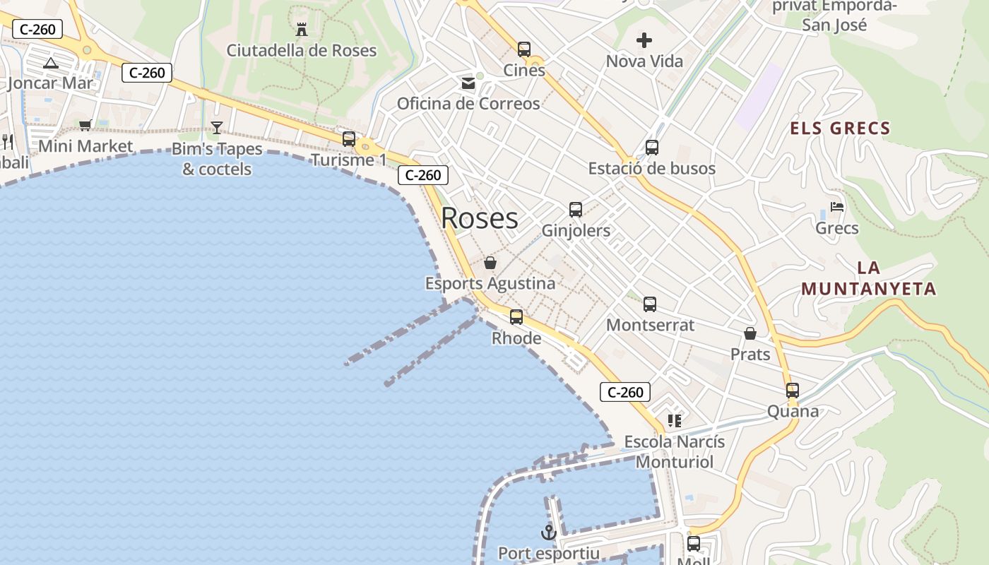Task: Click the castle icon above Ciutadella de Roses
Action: click(302, 30)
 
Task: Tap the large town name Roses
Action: click(480, 218)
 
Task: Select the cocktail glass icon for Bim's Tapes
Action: click(217, 128)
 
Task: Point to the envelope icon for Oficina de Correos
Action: click(468, 83)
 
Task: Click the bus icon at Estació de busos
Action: click(651, 148)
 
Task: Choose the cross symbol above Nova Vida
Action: click(644, 40)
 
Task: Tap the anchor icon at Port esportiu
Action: click(549, 533)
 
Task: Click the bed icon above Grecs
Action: click(837, 207)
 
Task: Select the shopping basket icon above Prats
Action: click(750, 333)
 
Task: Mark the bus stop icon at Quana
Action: click(793, 391)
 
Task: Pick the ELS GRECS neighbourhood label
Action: click(840, 129)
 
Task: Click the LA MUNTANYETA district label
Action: click(869, 278)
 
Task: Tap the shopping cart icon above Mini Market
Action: click(85, 125)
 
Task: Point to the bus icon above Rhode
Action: click(516, 317)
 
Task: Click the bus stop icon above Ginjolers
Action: click(576, 210)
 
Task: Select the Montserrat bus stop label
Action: click(650, 325)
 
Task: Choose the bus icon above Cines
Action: click(524, 49)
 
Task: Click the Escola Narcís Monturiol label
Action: click(674, 452)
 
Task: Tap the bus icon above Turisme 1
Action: click(349, 139)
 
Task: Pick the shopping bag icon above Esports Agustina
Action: click(490, 263)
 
